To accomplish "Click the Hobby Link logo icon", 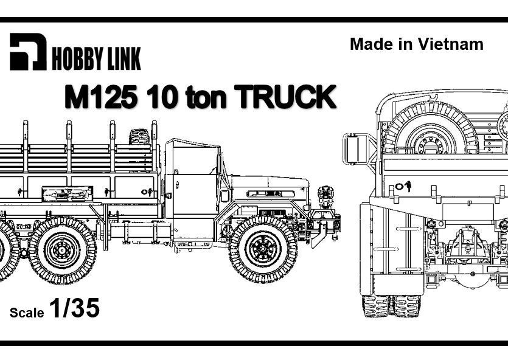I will [27, 52].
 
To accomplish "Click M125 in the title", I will [100, 97].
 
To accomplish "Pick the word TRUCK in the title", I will [285, 97].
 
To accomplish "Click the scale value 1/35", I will [74, 310].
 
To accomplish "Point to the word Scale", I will [27, 313].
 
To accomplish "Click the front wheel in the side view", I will [263, 249].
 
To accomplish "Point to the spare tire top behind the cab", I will [139, 136].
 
